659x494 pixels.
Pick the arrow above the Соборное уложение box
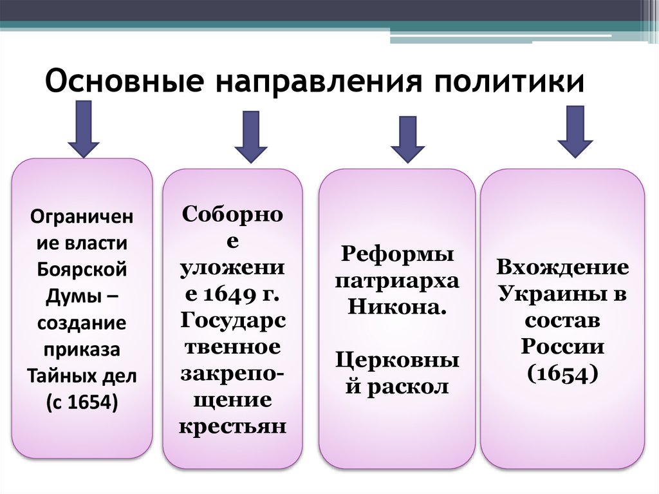pos(250,137)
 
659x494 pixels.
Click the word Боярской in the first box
pos(82,269)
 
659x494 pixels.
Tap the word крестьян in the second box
pos(232,427)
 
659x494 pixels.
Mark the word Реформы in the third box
pos(397,254)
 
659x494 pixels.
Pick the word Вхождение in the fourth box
pos(562,267)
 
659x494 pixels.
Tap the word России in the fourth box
pos(562,346)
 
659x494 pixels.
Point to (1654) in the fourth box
pos(562,373)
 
